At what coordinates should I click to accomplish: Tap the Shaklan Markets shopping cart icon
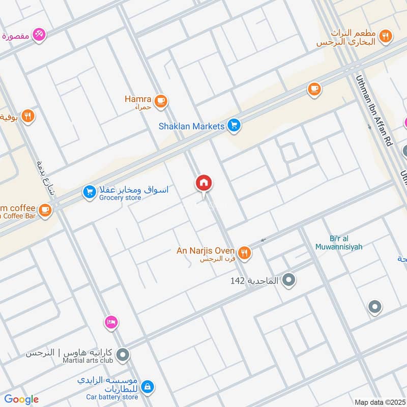pos(234,125)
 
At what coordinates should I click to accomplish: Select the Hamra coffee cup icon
pos(161,101)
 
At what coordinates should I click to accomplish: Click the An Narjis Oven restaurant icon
pos(245,253)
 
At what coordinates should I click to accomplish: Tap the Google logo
pos(21,399)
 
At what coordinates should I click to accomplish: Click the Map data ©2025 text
pos(380,402)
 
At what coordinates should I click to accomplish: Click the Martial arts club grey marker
pos(123,355)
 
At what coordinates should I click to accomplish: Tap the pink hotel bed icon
pos(111,322)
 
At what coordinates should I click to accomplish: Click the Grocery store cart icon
pos(90,192)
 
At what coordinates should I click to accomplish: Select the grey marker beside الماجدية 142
pos(289,280)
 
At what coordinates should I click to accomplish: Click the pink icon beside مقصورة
pos(39,35)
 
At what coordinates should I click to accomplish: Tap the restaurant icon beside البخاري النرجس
pos(386,36)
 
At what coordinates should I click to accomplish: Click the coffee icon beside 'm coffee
pos(45,210)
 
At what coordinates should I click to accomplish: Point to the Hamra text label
pos(138,99)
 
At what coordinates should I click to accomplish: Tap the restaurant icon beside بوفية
pos(28,117)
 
